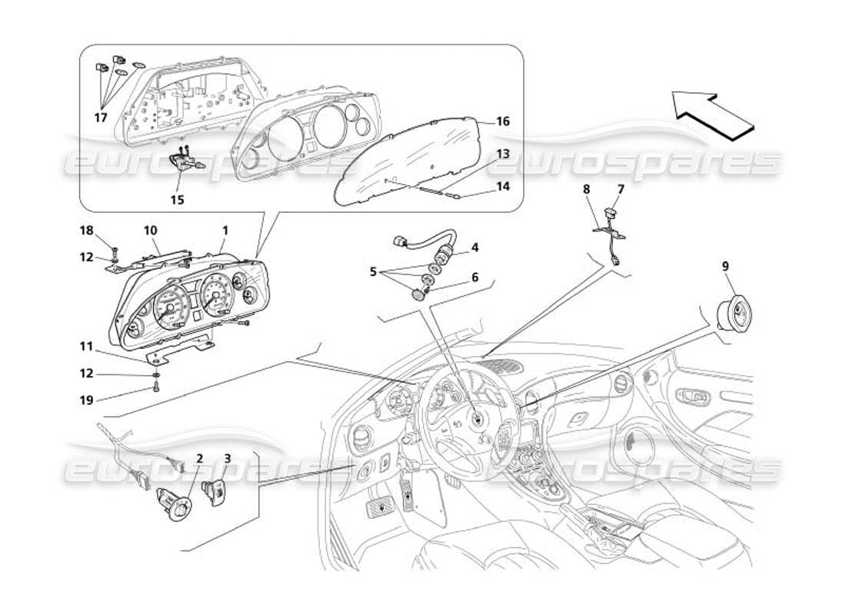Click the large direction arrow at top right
pos(711,114)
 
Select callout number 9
pos(725,266)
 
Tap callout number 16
pos(502,121)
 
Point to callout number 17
pos(99,118)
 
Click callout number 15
pos(178,199)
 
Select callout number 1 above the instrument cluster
pos(225,230)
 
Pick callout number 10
pos(150,230)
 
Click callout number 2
pos(199,458)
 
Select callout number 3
pos(227,458)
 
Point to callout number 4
pos(475,248)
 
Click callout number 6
pos(475,277)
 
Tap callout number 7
pos(620,188)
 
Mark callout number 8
pos(586,188)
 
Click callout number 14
pos(502,186)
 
